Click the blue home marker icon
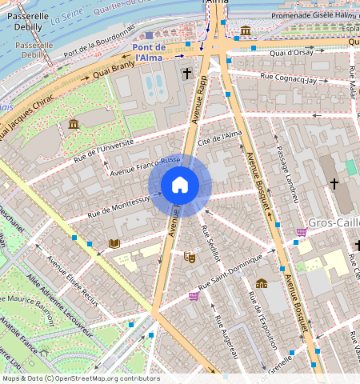[180, 186]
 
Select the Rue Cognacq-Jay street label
[294, 78]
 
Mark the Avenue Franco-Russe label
[146, 166]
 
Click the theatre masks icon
[190, 257]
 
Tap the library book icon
[114, 242]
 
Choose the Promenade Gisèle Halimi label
[304, 14]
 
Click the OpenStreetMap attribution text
[81, 378]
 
